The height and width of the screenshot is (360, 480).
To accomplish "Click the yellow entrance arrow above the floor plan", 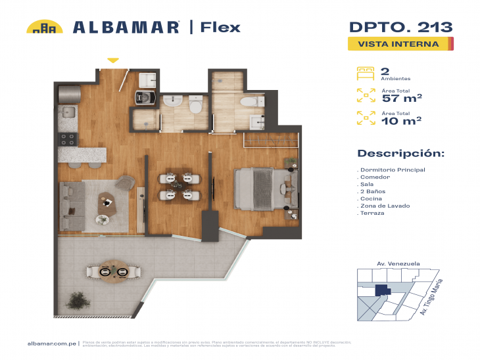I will point(113,60).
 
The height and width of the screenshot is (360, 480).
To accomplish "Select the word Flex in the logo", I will point(220,27).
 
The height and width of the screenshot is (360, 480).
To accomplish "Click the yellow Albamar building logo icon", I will point(44,27).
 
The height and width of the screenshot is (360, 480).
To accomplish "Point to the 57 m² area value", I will point(401,99).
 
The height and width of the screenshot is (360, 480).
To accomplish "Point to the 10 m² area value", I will point(401,121).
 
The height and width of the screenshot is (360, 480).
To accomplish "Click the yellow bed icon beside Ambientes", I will point(364,72).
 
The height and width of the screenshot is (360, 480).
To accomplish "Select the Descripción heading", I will point(400,153).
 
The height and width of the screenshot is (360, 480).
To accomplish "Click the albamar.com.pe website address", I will point(53,343).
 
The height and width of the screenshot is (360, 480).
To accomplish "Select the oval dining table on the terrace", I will point(112,271).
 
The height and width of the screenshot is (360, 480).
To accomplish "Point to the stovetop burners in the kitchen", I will point(67,139).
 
